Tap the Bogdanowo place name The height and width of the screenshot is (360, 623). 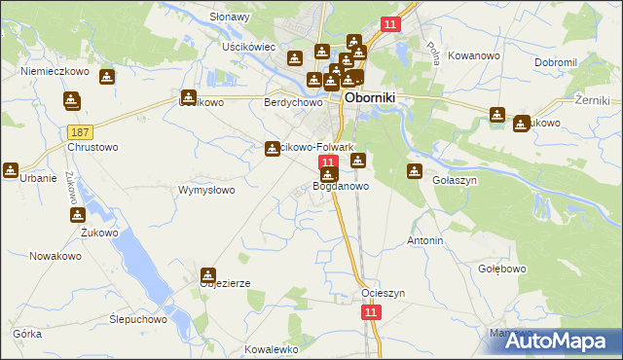point(341,185)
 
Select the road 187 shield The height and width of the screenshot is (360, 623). point(81,131)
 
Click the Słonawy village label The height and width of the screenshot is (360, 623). point(230,18)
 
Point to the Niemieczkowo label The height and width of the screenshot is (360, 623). point(55,71)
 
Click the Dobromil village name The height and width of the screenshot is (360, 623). point(557,62)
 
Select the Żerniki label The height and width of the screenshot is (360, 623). point(592,100)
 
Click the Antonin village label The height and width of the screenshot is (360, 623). point(425,239)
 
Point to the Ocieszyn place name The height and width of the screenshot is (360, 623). point(383,293)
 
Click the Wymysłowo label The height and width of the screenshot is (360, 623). point(205,190)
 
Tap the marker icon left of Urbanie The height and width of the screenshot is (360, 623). point(11,170)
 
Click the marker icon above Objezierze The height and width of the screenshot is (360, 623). point(208,276)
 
